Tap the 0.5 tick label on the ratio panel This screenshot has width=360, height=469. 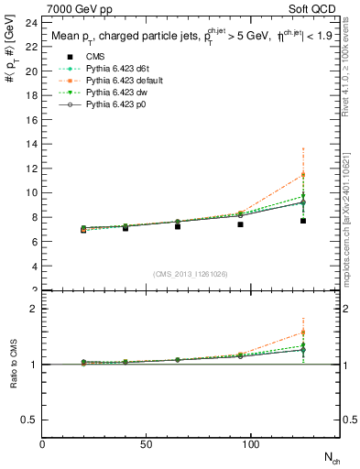pos(29,420)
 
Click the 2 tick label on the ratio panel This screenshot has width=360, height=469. pos(33,309)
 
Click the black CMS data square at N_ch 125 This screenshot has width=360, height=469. pos(303,221)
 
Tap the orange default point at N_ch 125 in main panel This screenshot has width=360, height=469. pos(303,175)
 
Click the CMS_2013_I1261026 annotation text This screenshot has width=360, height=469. pos(190,273)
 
